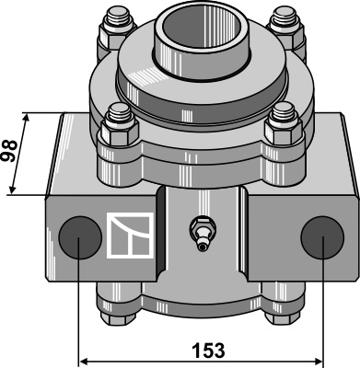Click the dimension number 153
click(208, 351)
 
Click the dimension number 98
click(9, 151)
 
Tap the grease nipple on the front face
click(202, 234)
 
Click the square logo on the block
click(130, 235)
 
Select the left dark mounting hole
click(80, 237)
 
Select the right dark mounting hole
click(322, 237)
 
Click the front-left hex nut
click(119, 132)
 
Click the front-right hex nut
click(284, 132)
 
